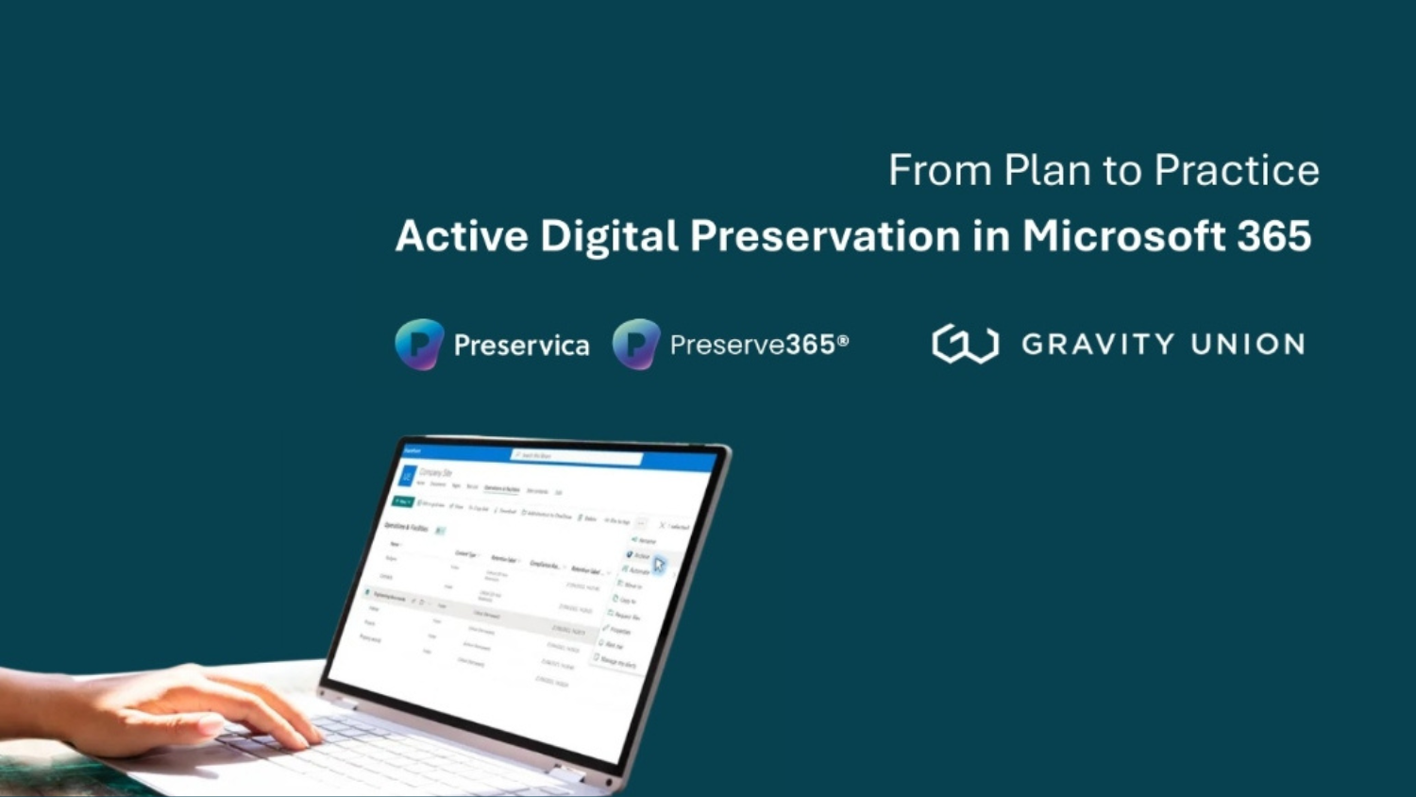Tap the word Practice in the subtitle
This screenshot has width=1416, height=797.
tap(1236, 171)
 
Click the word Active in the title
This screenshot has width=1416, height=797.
tap(461, 236)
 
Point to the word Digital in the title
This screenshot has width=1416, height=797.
tap(609, 236)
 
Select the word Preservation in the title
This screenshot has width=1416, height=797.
tap(824, 236)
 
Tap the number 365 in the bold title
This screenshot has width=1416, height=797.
tap(1273, 236)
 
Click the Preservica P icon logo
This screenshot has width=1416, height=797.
tap(419, 344)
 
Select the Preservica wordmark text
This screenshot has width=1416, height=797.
tap(521, 346)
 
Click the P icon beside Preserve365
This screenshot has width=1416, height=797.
tap(636, 344)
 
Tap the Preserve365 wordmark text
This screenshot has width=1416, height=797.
tap(751, 345)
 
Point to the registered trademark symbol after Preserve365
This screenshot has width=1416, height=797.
tap(843, 341)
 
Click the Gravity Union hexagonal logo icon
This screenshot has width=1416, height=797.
tap(965, 344)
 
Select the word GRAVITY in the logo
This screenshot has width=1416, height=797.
tap(1098, 344)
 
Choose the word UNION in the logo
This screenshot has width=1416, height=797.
tap(1247, 344)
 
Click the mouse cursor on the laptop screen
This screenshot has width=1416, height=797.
tap(659, 565)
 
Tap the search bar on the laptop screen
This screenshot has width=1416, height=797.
tap(576, 457)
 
